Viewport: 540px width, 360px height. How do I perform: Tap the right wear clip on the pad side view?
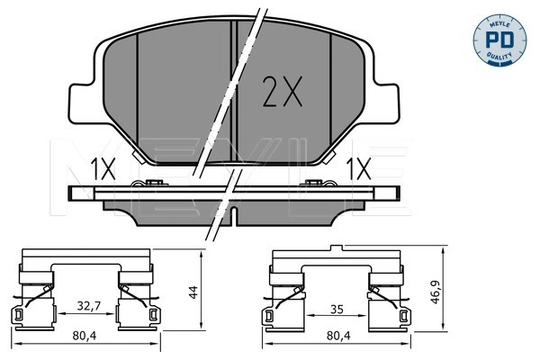315,185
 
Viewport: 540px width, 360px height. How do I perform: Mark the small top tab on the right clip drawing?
336,247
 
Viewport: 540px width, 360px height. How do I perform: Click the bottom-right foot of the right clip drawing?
404,316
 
